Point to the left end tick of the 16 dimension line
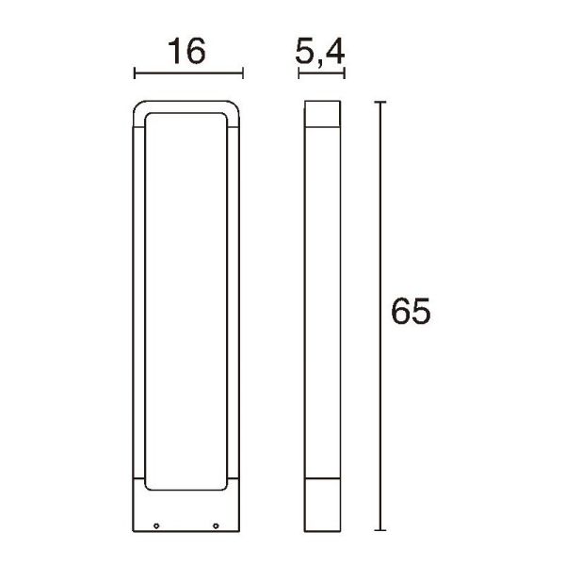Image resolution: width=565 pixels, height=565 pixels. pos(136,73)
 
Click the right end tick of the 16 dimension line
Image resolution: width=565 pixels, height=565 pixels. pos(244,73)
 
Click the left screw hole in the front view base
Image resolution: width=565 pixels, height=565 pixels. pos(157,525)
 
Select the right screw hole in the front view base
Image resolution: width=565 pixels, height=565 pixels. pos(216,525)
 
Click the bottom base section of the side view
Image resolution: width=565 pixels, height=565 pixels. pos(322,509)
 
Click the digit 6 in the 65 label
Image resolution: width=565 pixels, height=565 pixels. pos(399,313)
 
